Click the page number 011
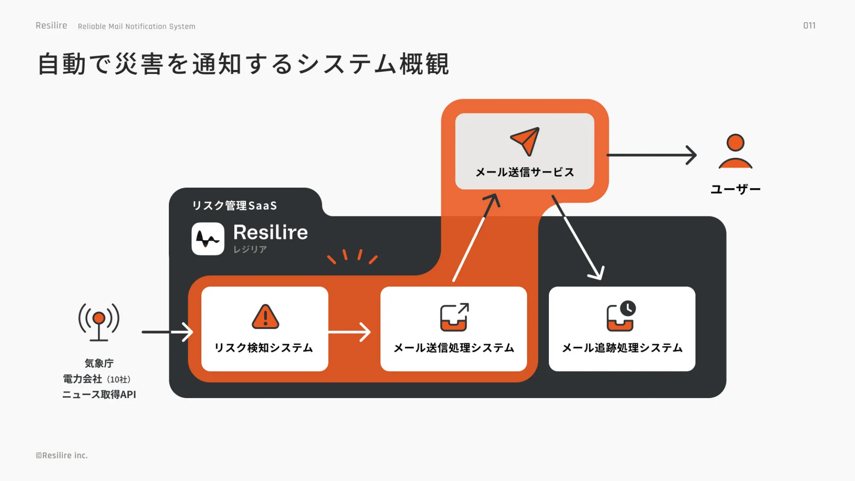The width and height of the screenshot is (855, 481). coord(809,26)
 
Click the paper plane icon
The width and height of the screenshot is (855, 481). coord(525,141)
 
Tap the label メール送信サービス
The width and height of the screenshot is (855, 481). coord(525,172)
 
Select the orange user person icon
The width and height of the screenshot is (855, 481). coord(735,152)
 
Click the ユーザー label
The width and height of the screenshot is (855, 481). coord(735,189)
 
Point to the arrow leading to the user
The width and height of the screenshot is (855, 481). coord(652,155)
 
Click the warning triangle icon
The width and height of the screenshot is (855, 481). coord(265,317)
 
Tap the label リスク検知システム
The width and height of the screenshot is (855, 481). coord(264,348)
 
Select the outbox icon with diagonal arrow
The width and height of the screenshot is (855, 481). coord(454,317)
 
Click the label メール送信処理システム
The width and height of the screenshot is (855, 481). coord(454,348)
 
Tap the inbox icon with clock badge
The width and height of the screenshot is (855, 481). coord(621,316)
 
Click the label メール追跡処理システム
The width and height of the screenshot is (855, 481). coord(622,348)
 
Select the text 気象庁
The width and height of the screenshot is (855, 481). coord(99,363)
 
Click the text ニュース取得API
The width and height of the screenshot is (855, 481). coord(99,394)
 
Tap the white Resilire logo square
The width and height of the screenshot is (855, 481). coord(208,239)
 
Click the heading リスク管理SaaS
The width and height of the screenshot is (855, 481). coord(234,206)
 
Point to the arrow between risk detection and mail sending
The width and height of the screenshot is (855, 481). coord(350,332)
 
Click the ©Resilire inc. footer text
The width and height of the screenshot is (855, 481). coord(62,455)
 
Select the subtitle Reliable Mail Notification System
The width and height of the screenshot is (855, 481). coord(136,27)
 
